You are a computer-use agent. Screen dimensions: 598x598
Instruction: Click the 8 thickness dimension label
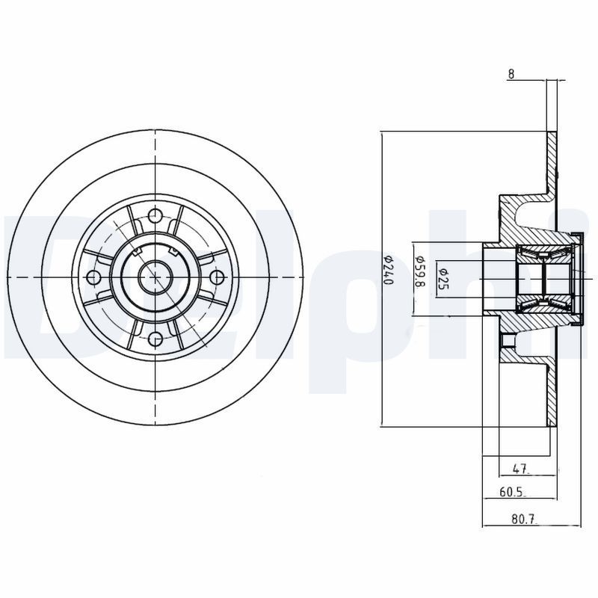click(511, 74)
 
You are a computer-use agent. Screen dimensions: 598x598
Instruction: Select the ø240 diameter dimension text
click(388, 270)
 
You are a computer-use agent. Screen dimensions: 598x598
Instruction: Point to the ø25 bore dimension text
click(443, 278)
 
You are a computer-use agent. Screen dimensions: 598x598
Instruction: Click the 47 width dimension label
click(521, 469)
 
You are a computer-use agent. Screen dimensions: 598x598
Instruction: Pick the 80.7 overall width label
click(523, 517)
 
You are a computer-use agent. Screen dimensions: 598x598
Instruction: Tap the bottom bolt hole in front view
click(155, 339)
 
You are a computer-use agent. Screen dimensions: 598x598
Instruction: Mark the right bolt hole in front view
click(217, 277)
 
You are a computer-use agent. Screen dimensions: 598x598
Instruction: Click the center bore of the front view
click(155, 277)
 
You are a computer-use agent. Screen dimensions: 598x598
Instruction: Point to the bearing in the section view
click(543, 277)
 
